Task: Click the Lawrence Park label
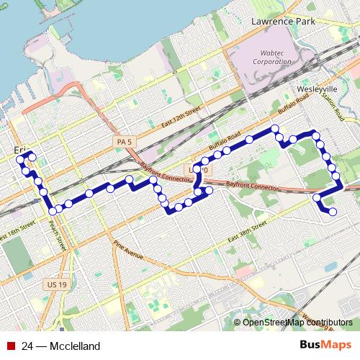(x=283, y=22)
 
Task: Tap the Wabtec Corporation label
(x=271, y=57)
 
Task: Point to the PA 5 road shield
(x=123, y=142)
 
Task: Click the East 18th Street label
(x=18, y=236)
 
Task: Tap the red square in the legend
(x=11, y=346)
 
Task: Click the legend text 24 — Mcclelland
(x=60, y=346)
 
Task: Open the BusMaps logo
(x=325, y=346)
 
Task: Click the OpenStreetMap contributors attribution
(x=297, y=323)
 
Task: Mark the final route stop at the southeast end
(x=333, y=212)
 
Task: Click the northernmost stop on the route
(x=274, y=130)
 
